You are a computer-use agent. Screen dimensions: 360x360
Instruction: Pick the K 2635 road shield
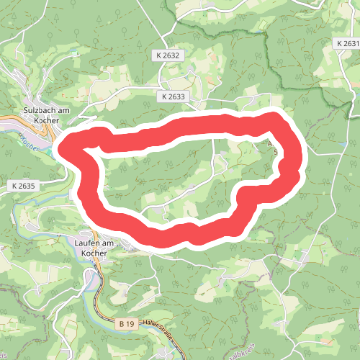(24, 186)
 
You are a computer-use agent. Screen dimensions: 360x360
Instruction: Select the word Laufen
(88, 243)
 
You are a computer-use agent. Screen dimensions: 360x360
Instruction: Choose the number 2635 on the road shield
(27, 186)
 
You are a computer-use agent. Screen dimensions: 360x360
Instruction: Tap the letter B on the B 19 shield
(120, 325)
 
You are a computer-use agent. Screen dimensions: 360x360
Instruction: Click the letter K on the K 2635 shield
(14, 186)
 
